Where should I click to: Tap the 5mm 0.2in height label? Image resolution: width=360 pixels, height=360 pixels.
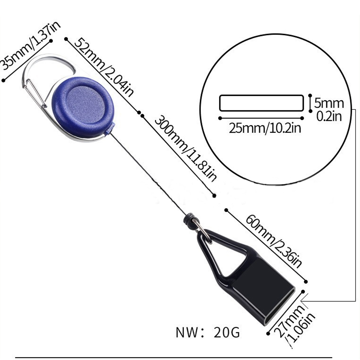pos(329,109)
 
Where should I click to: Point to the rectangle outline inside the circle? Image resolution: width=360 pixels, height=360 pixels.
pos(261,103)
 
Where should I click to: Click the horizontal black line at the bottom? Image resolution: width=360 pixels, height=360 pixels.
pos(180,357)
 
